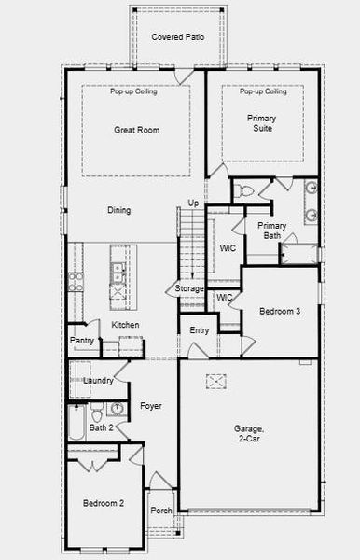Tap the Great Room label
(x=136, y=130)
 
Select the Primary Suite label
(x=262, y=124)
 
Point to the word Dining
(x=118, y=210)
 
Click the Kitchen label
(x=126, y=325)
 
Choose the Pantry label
(x=82, y=341)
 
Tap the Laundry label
(x=98, y=381)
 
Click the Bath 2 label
(x=101, y=427)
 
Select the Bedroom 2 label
(x=104, y=503)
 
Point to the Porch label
(x=161, y=511)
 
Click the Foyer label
(x=151, y=406)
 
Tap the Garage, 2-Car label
(x=249, y=433)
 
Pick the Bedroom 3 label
(x=280, y=311)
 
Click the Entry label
(x=200, y=330)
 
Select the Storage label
(x=189, y=289)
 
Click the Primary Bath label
(x=271, y=230)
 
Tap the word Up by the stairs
(x=193, y=203)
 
